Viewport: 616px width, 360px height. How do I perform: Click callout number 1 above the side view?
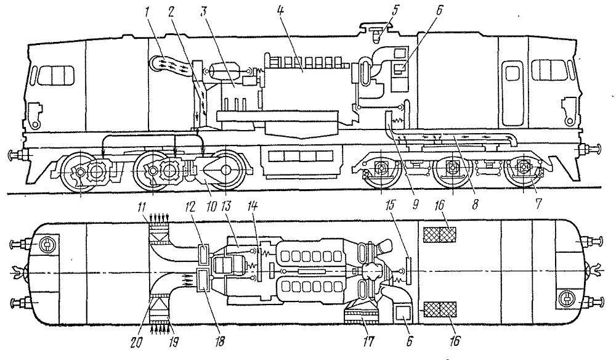[147, 12]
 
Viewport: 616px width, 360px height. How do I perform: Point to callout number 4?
[280, 11]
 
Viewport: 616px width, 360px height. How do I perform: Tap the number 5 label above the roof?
[395, 10]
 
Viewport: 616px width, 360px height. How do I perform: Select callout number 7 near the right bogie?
[538, 203]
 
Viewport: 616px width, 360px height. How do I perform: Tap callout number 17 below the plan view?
[368, 342]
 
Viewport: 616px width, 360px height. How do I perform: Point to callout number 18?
[220, 341]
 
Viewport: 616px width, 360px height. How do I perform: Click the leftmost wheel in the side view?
[80, 172]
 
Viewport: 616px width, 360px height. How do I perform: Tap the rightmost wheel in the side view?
[524, 169]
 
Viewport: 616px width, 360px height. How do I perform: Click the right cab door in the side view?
[512, 91]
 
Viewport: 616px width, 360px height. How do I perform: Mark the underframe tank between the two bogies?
[301, 162]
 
